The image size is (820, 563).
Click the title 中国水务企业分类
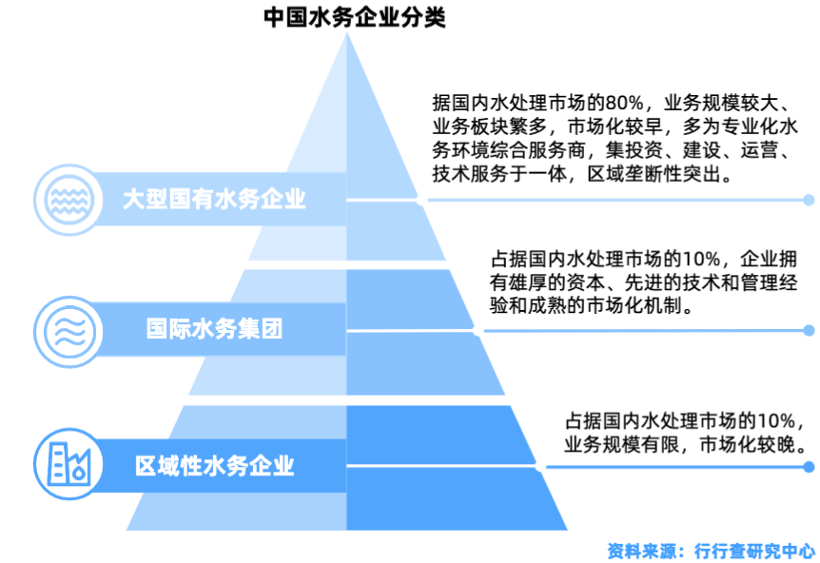(354, 17)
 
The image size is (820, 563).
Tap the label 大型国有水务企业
(214, 200)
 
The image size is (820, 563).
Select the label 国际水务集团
(214, 329)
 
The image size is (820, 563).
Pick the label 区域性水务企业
(214, 466)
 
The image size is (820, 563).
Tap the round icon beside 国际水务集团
(66, 329)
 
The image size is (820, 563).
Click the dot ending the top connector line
(809, 200)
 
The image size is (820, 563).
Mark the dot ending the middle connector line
(809, 330)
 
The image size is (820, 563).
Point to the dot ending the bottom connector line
(809, 466)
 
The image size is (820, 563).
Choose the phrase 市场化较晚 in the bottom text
(751, 443)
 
